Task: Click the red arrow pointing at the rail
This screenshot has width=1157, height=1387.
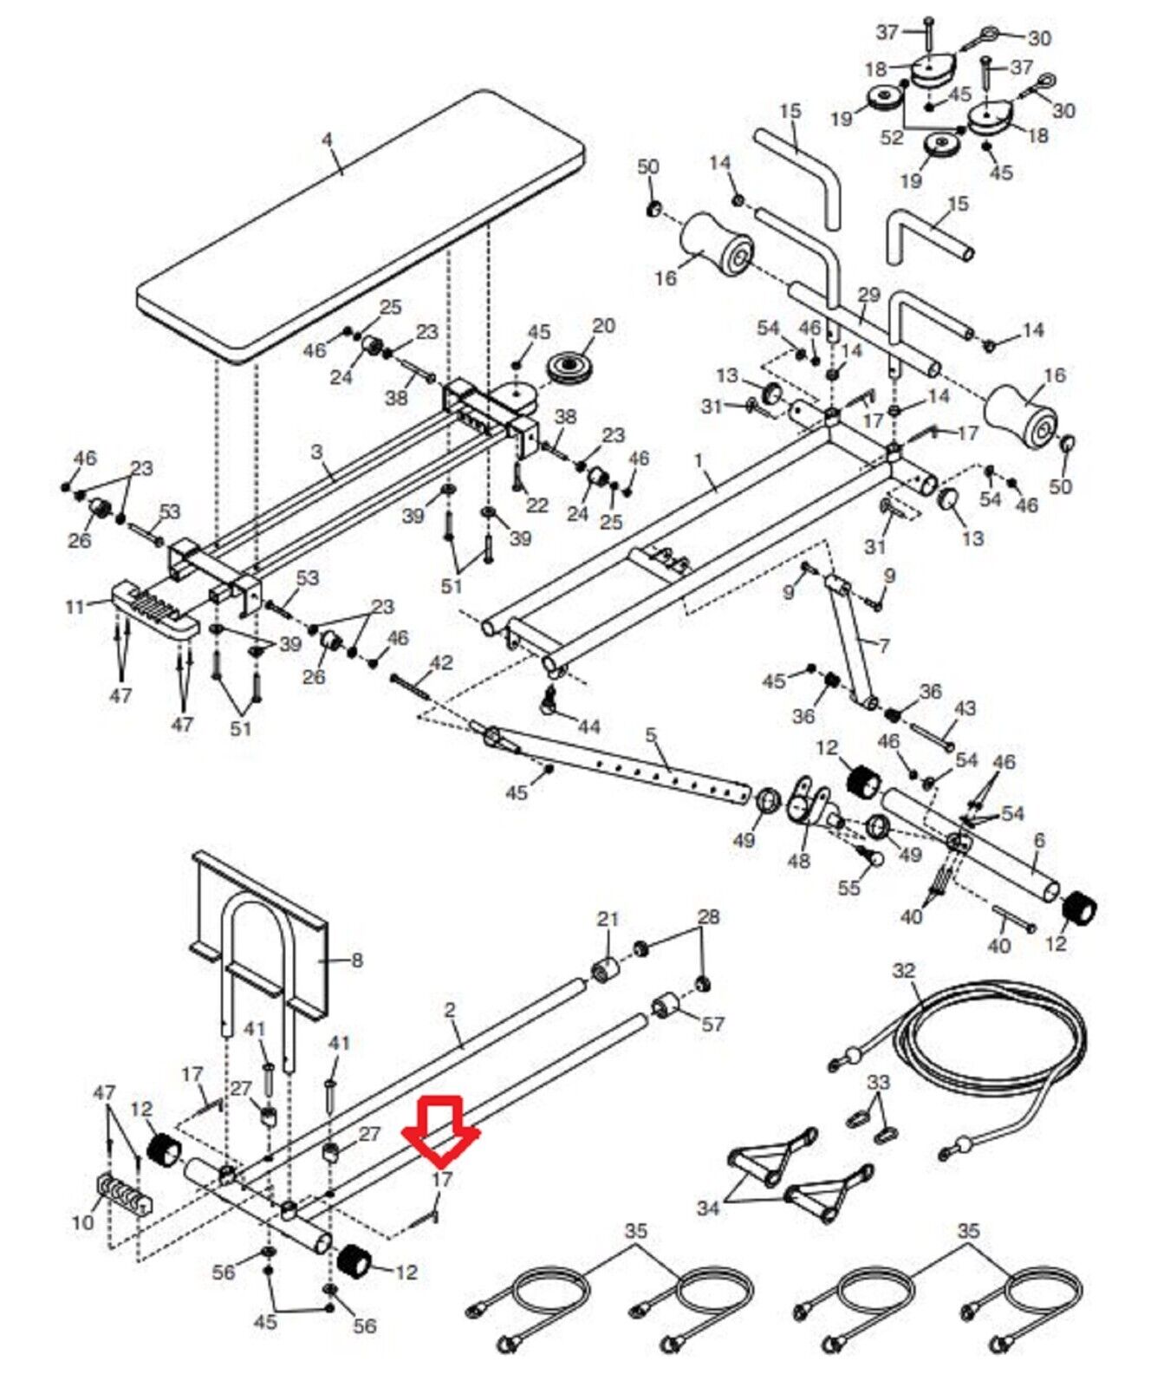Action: [441, 1128]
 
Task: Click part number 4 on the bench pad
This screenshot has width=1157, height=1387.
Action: [328, 138]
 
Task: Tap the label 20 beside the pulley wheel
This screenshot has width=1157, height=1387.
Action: [603, 326]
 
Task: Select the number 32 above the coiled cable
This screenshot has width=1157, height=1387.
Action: [903, 971]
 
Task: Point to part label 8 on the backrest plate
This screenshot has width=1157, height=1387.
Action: [356, 960]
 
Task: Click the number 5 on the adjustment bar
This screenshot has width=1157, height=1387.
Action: [650, 737]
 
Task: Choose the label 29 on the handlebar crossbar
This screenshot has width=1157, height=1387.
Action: [868, 295]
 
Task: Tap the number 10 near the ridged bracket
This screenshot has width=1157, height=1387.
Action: [82, 1222]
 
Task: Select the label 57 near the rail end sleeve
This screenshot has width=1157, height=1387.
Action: [712, 1024]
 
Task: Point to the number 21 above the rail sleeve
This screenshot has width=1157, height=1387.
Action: [608, 918]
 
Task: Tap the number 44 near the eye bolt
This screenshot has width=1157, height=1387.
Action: [588, 726]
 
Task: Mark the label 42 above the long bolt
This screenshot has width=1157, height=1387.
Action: [441, 663]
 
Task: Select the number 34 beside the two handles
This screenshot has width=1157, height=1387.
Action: [708, 1207]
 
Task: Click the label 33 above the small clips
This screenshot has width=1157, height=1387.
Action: [878, 1083]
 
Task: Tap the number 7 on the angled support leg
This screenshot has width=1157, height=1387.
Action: [883, 646]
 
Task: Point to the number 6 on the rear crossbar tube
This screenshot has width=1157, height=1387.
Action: [1039, 840]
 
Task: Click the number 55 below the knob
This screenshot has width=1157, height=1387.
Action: [848, 888]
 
